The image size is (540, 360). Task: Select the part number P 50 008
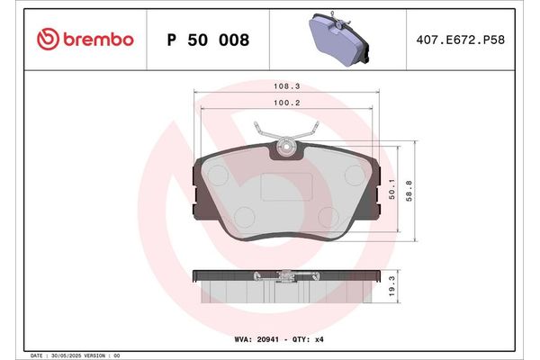[x=208, y=40]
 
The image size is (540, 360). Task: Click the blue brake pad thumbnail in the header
[x=341, y=40]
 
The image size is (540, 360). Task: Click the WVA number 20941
[x=272, y=340]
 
